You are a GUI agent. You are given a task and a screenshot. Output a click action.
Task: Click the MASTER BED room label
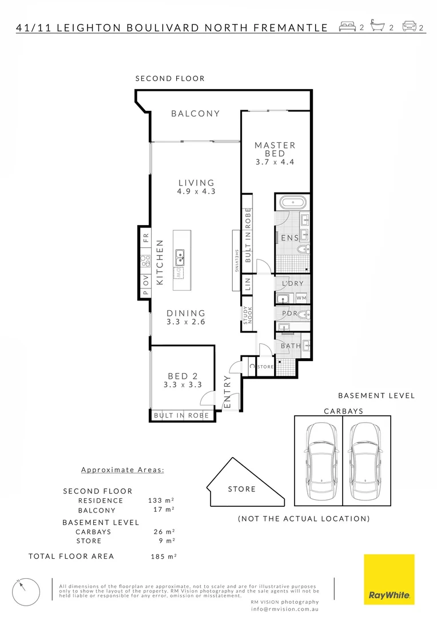pos(275,149)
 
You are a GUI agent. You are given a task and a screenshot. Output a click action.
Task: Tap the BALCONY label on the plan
pos(196,114)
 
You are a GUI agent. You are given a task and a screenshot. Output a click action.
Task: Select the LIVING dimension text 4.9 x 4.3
pos(196,192)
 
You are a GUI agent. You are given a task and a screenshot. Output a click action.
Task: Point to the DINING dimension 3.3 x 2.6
pos(186,322)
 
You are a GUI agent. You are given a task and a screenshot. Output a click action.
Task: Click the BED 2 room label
pos(182,376)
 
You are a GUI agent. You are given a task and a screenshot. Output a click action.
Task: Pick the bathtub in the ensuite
pos(293,202)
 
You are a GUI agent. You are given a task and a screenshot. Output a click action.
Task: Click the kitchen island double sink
pos(180,258)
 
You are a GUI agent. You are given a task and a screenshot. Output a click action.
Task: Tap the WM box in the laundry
pos(301,298)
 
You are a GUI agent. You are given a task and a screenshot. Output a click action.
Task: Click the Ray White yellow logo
pos(389,579)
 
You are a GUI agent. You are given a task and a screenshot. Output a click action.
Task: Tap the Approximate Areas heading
pos(122,470)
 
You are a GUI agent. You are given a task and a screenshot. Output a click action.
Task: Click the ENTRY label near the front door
pos(227,392)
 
